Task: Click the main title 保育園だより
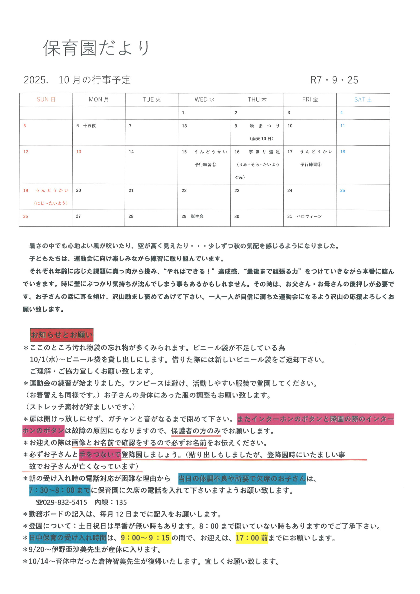point(96,48)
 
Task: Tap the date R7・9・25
point(334,80)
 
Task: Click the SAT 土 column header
point(363,100)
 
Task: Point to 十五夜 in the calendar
point(89,126)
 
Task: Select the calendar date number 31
point(290,216)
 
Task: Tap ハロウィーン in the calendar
point(309,216)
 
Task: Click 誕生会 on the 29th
point(197,216)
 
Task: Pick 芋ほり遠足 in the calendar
point(264,152)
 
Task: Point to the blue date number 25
point(342,190)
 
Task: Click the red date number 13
point(79,152)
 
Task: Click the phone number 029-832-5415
point(65,502)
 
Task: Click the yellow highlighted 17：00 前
point(252,538)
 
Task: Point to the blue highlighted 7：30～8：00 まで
point(60,491)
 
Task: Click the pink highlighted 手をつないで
point(100,455)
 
